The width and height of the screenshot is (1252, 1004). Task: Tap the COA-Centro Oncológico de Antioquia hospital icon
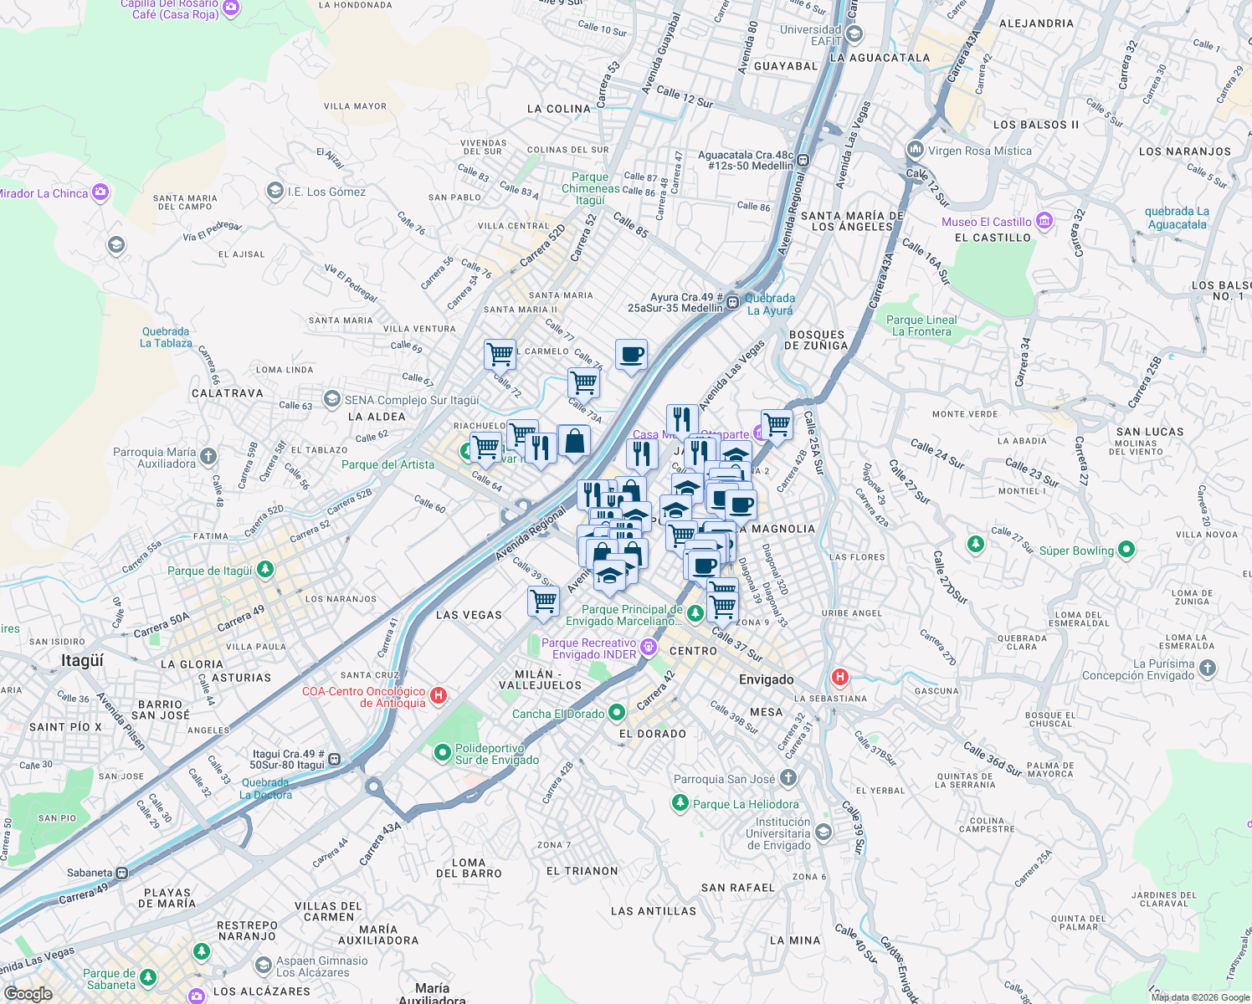[x=438, y=695]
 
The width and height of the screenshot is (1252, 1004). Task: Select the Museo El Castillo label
[x=987, y=222]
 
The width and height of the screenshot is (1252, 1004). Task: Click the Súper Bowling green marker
[x=1126, y=550]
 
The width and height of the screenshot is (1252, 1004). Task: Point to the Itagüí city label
[x=82, y=660]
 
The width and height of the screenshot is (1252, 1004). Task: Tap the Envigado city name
[x=766, y=679]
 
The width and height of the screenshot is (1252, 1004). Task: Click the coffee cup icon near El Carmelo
[x=631, y=355]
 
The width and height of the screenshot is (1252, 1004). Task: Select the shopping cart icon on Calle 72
[x=500, y=354]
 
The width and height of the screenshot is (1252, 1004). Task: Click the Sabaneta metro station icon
[x=122, y=873]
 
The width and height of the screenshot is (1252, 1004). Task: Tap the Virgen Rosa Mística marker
[x=915, y=150]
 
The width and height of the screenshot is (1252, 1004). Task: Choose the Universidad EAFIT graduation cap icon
[x=854, y=34]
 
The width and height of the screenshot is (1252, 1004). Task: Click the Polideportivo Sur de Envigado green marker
[x=443, y=753]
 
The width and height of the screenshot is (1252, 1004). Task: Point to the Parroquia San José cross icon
[x=788, y=778]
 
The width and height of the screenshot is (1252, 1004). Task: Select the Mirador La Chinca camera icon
[x=100, y=192]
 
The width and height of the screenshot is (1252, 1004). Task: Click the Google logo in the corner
[x=28, y=993]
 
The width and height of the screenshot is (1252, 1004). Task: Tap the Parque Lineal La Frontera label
[x=921, y=325]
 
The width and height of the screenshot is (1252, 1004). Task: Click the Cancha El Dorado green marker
[x=617, y=713]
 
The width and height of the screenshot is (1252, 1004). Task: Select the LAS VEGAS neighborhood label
[x=469, y=615]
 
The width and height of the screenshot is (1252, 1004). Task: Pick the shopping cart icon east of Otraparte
[x=777, y=424]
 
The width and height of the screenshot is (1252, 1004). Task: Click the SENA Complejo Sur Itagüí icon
[x=332, y=399]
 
